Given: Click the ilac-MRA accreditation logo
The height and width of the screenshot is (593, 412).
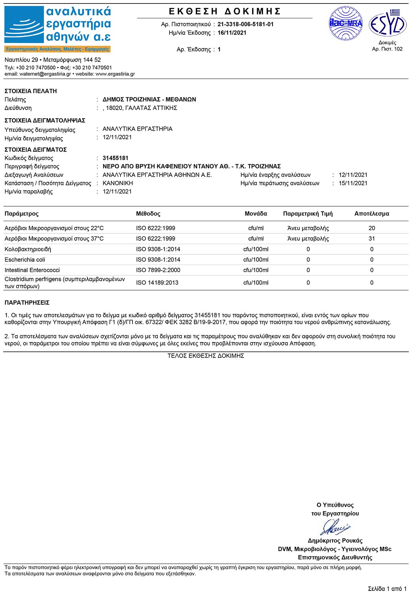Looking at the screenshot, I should click(x=345, y=24).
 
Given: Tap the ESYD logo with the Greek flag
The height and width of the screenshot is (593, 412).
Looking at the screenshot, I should click(x=387, y=23).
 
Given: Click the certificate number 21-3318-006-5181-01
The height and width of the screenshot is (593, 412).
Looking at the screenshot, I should click(x=245, y=24).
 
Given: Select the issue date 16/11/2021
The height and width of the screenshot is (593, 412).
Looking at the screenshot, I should click(x=232, y=33).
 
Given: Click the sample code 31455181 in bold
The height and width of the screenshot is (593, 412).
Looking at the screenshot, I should click(x=115, y=158).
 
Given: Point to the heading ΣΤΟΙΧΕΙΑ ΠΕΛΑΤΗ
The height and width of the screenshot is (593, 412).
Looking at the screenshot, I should click(x=31, y=91).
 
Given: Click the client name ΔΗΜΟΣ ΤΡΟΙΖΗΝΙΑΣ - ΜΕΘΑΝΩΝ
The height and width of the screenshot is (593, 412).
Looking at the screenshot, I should click(x=149, y=99).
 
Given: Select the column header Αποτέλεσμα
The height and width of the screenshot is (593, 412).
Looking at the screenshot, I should click(x=371, y=214).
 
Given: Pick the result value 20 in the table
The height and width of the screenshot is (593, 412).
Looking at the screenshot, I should click(x=371, y=228).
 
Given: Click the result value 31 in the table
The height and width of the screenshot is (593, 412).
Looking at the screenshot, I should click(x=371, y=239).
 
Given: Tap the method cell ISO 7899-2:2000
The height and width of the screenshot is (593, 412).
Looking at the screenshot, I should click(x=158, y=270).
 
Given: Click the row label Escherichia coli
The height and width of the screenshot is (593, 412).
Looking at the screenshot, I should click(x=25, y=260).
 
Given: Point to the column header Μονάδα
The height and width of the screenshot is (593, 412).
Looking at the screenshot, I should click(x=256, y=214).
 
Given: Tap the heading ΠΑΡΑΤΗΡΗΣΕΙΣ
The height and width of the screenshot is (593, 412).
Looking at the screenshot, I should click(x=27, y=303).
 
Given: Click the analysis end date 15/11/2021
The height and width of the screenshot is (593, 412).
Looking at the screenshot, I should click(x=353, y=183).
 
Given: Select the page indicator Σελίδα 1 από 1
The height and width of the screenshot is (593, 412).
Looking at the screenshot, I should click(x=387, y=589).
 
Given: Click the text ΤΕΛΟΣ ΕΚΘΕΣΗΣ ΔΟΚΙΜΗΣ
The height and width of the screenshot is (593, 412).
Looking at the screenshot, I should click(x=206, y=356).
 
